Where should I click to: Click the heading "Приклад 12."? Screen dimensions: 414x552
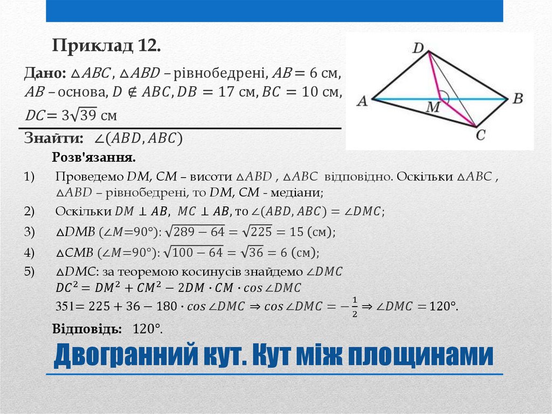tap(106, 46)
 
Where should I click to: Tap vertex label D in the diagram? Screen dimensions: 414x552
tap(419, 49)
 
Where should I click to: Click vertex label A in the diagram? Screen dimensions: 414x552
tap(362, 101)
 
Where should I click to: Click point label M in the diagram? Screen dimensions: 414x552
tap(433, 108)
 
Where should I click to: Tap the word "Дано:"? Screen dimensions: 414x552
tap(44, 73)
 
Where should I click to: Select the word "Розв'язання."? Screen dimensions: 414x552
tap(94, 157)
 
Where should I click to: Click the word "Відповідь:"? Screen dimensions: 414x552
tap(83, 329)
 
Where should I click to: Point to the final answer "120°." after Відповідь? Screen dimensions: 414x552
tap(148, 329)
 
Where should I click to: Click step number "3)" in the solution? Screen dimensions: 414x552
tap(29, 232)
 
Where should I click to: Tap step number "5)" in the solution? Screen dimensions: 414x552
tap(29, 272)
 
